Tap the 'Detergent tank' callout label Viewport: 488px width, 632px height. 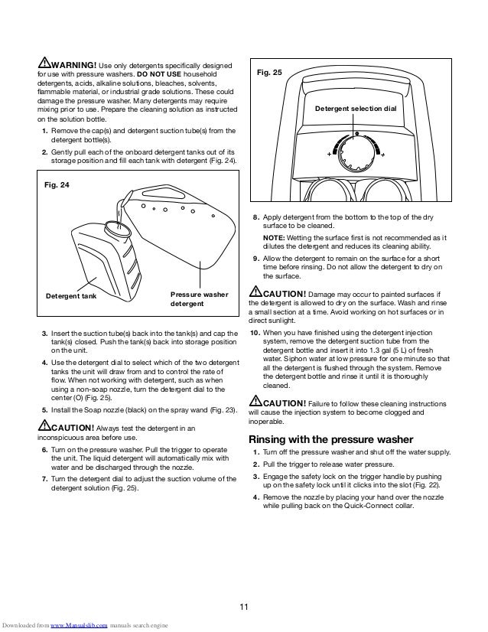pyautogui.click(x=74, y=295)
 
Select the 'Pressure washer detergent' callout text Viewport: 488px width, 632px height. pyautogui.click(x=199, y=299)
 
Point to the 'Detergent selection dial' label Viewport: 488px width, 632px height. pyautogui.click(x=356, y=109)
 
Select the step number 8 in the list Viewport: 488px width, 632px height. pyautogui.click(x=255, y=218)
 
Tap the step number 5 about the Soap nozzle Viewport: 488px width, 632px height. pyautogui.click(x=44, y=410)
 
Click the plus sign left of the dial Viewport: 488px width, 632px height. pyautogui.click(x=328, y=154)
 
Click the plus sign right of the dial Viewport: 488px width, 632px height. pyautogui.click(x=382, y=154)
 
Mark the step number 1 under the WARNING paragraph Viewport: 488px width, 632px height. pyautogui.click(x=44, y=131)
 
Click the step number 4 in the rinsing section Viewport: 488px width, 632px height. pyautogui.click(x=255, y=497)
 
